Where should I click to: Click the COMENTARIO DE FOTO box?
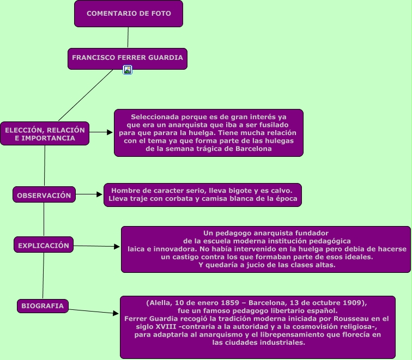pos(129,14)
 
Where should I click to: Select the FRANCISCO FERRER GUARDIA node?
pos(128,58)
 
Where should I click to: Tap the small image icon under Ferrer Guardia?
pos(128,70)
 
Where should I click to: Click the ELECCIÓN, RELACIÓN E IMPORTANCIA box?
pos(45,133)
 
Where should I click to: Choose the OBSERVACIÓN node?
pos(44,195)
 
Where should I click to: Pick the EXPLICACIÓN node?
pos(44,246)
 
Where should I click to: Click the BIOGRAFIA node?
pos(43,306)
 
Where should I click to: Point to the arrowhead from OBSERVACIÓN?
pos(100,194)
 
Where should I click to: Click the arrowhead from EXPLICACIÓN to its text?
pos(117,247)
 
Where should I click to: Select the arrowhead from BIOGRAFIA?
pos(116,314)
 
